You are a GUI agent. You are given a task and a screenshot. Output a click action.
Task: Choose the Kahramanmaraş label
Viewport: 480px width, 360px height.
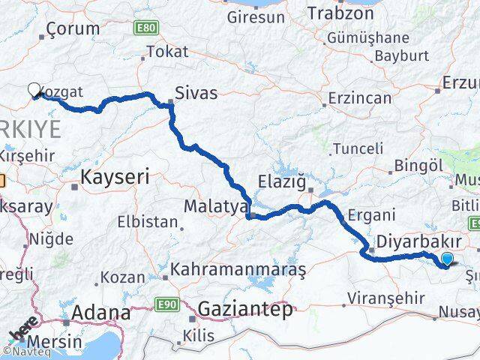[x=238, y=268]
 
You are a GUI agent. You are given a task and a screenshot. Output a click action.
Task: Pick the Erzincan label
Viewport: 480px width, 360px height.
[x=362, y=98]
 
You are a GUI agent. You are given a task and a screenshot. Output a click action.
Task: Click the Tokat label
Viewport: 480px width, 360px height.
[x=167, y=51]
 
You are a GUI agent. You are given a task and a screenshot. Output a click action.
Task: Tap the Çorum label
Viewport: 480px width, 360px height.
[x=73, y=29]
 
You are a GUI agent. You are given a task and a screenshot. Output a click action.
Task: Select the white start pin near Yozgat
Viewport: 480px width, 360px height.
[x=34, y=90]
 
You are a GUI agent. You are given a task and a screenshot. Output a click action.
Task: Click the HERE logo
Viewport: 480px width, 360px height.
[x=25, y=331]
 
